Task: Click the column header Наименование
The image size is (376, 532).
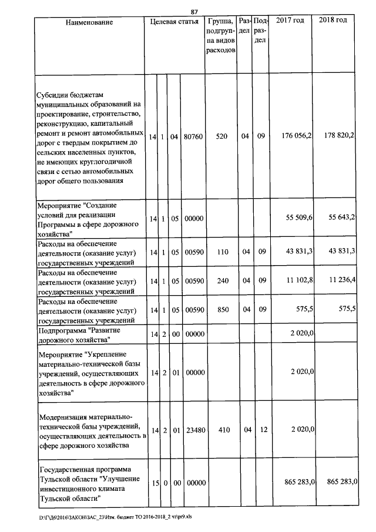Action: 89,22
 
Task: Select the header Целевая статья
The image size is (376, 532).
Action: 174,22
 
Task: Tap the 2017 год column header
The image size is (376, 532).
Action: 290,21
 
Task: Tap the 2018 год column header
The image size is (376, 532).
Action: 333,21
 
